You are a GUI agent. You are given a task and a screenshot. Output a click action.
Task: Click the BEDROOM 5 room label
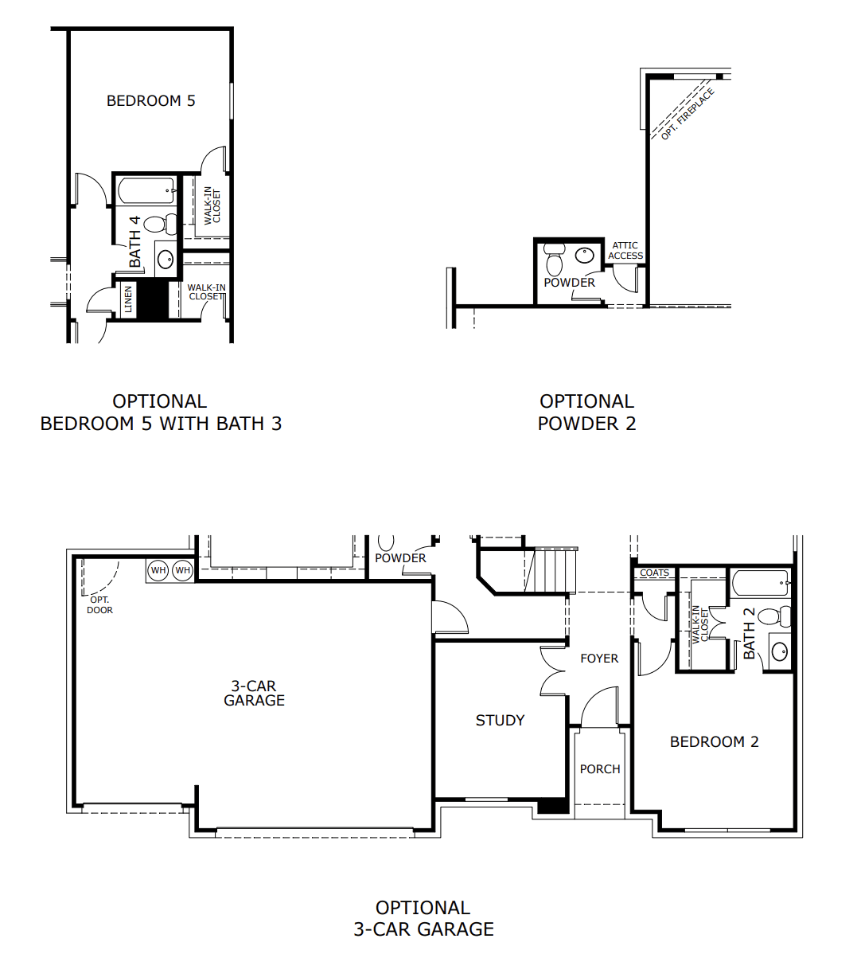click(x=150, y=100)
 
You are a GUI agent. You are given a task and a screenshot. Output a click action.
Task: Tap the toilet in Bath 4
click(x=160, y=224)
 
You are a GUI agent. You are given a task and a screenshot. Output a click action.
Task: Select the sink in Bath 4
click(x=166, y=259)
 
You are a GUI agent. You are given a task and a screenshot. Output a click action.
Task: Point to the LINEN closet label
click(x=128, y=299)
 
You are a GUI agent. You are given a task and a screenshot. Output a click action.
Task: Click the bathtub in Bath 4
click(x=147, y=190)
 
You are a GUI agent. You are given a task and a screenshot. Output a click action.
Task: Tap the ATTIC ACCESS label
click(x=625, y=251)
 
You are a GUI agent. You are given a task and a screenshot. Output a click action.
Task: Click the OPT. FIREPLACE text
click(x=688, y=114)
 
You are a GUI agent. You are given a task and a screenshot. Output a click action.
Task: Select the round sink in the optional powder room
click(x=584, y=256)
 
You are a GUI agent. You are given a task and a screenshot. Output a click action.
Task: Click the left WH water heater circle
click(x=158, y=570)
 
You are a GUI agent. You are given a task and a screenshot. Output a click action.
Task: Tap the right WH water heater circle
click(x=183, y=570)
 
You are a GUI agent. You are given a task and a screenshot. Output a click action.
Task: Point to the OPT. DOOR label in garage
click(x=99, y=604)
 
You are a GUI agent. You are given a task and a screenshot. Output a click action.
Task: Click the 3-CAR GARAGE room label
click(x=254, y=693)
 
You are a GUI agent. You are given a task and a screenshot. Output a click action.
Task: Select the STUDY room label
click(x=500, y=720)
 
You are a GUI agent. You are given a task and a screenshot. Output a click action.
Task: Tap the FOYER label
click(x=599, y=659)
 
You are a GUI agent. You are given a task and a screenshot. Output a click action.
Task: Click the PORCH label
click(x=600, y=768)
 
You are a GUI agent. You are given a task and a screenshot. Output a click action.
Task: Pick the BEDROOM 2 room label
click(x=715, y=741)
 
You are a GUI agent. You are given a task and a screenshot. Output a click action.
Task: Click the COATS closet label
click(x=654, y=573)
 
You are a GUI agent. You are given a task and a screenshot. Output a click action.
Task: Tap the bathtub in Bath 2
click(x=760, y=583)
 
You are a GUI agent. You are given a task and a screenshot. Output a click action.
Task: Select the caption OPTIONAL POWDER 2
click(x=586, y=413)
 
